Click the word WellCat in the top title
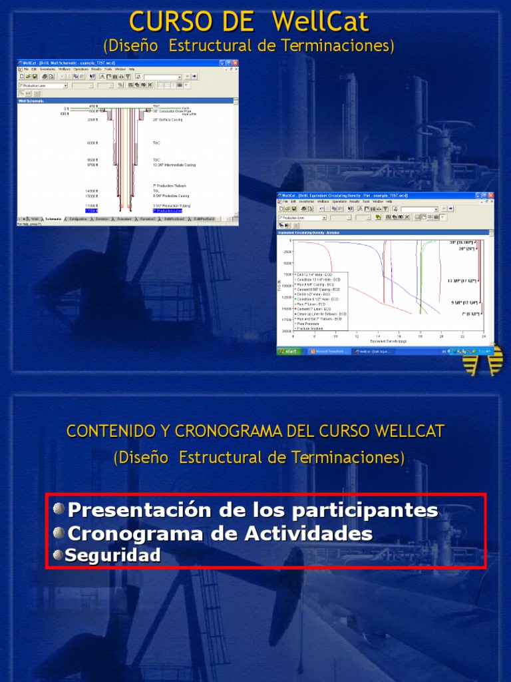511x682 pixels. (x=320, y=21)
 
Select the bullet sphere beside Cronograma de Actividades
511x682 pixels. (x=59, y=533)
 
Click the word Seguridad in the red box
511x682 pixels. (x=112, y=555)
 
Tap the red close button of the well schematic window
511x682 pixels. (x=234, y=63)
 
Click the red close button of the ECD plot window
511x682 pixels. (x=490, y=195)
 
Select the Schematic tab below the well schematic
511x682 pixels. (x=53, y=218)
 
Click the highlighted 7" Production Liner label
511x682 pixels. (x=167, y=210)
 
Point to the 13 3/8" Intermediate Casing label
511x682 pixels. (x=176, y=164)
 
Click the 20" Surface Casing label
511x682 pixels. (x=168, y=120)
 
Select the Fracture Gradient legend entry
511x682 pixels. (x=311, y=328)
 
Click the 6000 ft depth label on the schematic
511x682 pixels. (x=92, y=143)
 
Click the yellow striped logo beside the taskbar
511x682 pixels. (x=483, y=360)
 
